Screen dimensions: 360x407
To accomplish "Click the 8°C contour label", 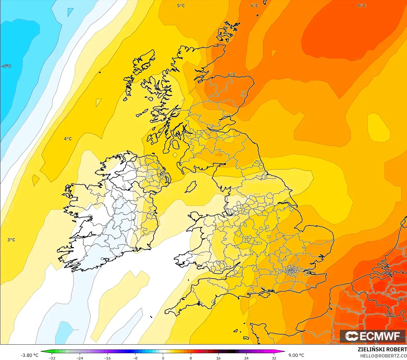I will [x=362, y=6].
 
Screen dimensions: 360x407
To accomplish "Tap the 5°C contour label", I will [x=181, y=6].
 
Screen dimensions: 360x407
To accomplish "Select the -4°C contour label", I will [x=6, y=66].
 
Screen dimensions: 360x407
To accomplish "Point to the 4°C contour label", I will [x=68, y=139].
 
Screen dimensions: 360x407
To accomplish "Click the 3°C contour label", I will [x=11, y=240].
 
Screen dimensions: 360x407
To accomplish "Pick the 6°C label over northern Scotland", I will [x=232, y=74].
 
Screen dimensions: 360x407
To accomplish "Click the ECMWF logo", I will [x=372, y=336].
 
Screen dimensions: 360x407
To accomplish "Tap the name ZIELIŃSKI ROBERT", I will [x=382, y=349].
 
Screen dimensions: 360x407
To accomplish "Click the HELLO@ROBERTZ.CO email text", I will [x=383, y=356].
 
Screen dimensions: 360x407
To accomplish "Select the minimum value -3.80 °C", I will [x=29, y=355].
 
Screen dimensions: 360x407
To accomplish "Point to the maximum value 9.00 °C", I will [x=296, y=355].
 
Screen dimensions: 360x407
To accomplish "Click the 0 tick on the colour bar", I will [x=163, y=358].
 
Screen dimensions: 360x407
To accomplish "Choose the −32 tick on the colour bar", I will [x=52, y=358].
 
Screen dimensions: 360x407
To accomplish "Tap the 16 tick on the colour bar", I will [x=218, y=358].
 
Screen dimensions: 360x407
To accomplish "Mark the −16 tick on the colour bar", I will [x=107, y=358].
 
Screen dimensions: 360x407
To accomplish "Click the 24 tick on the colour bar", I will [x=246, y=358].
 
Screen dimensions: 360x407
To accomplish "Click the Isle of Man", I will [x=191, y=187].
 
